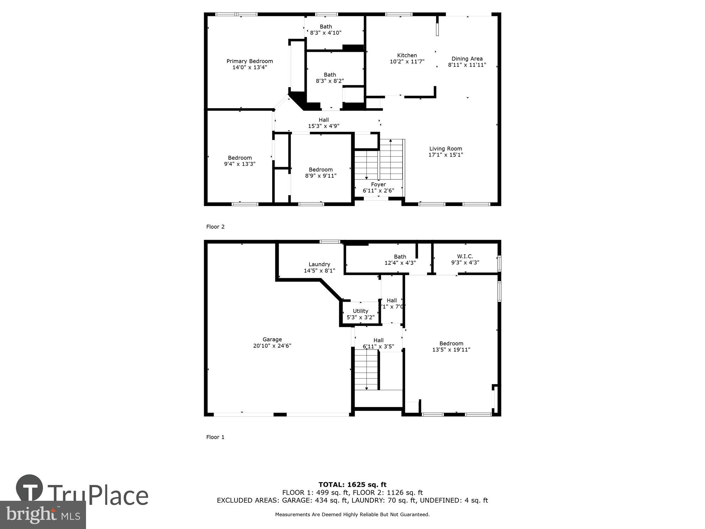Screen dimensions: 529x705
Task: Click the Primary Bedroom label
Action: (x=250, y=61)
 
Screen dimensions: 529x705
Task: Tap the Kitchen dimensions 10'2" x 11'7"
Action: (x=407, y=62)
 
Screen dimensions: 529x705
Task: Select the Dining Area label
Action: (x=467, y=59)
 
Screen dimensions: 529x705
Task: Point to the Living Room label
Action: (x=446, y=149)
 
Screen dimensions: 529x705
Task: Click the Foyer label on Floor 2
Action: (x=378, y=184)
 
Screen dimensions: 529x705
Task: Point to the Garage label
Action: (x=272, y=340)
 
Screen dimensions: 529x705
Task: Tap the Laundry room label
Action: (x=319, y=264)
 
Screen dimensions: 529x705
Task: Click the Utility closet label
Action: (x=360, y=311)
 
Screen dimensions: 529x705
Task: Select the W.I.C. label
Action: (x=465, y=256)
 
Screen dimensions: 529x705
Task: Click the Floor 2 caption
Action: (x=215, y=227)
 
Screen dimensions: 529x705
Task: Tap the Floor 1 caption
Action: (x=215, y=437)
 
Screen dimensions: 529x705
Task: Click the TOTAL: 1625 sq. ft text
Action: (x=352, y=485)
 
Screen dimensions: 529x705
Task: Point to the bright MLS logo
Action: (x=43, y=515)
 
